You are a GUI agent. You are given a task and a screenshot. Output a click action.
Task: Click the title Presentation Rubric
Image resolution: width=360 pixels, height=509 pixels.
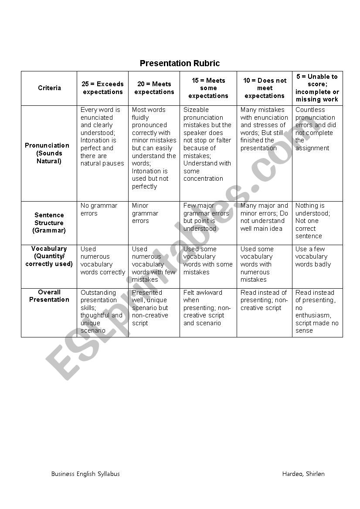click(180, 64)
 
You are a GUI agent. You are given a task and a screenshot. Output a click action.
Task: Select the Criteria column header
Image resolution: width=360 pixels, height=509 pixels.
click(49, 88)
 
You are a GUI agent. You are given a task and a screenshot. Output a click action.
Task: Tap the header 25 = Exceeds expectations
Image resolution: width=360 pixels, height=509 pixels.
click(103, 88)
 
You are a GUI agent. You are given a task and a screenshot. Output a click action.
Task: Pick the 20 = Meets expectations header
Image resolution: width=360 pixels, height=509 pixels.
click(154, 88)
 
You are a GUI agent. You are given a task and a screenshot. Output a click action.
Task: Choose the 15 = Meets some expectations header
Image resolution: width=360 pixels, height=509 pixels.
click(208, 88)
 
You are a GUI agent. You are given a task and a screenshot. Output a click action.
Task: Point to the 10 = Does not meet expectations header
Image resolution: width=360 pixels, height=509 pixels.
click(265, 88)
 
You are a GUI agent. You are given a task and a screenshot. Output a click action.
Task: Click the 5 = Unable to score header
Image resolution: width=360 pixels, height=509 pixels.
click(317, 88)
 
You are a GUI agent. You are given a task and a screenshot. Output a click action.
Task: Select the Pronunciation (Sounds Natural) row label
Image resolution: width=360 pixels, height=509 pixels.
click(49, 153)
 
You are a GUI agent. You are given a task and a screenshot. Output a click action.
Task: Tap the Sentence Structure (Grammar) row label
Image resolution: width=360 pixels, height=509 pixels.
click(49, 222)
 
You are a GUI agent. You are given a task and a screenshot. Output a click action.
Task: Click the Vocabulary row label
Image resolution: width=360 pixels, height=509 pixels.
click(49, 256)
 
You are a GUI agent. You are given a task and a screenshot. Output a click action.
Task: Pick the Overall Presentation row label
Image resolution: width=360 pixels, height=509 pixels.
click(49, 296)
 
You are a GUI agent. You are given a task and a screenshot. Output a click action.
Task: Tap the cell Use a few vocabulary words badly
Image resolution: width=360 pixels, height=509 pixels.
click(313, 257)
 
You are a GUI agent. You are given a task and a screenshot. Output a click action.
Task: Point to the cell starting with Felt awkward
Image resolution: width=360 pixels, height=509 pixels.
click(207, 308)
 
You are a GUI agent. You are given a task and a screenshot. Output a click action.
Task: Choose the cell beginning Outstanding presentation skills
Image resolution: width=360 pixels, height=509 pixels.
click(101, 311)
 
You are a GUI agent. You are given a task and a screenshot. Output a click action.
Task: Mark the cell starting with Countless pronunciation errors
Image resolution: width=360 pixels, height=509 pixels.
click(316, 129)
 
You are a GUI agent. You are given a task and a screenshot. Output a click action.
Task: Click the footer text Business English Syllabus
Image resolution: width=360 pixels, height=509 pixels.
click(85, 474)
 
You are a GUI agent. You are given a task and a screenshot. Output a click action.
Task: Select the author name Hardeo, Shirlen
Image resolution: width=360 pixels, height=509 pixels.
click(303, 474)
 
